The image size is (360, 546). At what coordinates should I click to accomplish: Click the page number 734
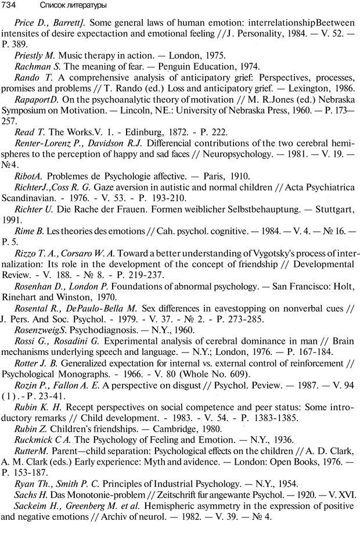click(x=10, y=5)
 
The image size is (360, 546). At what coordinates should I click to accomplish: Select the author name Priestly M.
click(x=35, y=56)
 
